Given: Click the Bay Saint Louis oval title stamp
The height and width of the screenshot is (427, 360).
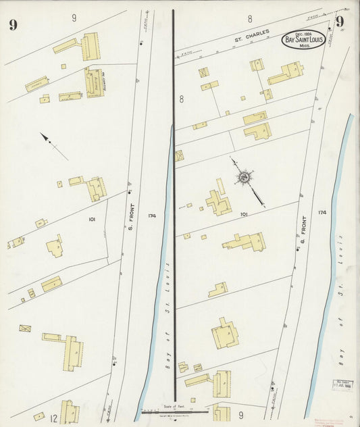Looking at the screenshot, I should pyautogui.click(x=303, y=39).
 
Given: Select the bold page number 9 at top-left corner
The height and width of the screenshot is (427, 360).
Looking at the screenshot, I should pyautogui.click(x=12, y=26).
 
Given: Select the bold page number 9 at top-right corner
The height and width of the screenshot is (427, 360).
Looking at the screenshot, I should pyautogui.click(x=340, y=22).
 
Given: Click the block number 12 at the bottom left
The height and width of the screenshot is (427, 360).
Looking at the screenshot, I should pyautogui.click(x=54, y=419).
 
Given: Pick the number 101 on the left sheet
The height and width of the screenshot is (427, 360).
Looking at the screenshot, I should pyautogui.click(x=92, y=220).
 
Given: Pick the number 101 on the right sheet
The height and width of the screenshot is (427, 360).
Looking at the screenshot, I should pyautogui.click(x=244, y=214).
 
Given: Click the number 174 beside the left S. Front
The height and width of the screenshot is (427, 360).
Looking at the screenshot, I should pyautogui.click(x=151, y=216).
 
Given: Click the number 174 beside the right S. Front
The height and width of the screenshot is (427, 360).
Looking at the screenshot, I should pyautogui.click(x=322, y=212).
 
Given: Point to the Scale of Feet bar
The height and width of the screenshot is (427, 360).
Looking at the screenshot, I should pyautogui.click(x=175, y=410).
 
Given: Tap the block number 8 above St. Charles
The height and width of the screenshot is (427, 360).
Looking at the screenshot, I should pyautogui.click(x=250, y=19).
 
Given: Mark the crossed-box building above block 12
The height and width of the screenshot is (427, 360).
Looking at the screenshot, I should pyautogui.click(x=25, y=328).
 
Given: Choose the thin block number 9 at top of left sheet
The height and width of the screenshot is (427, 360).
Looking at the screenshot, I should pyautogui.click(x=74, y=18).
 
